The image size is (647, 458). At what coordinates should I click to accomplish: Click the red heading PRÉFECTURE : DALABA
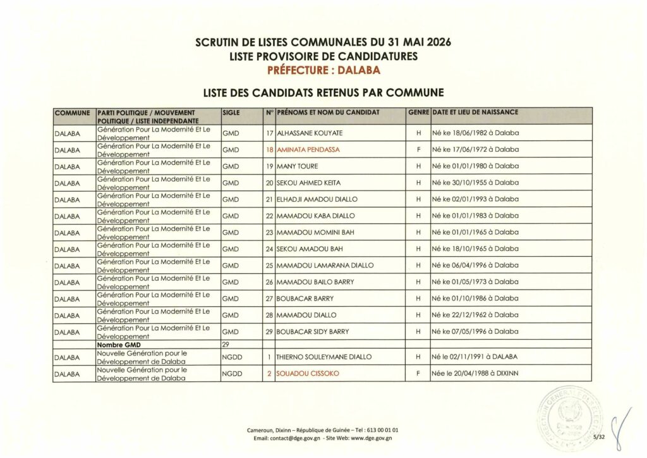323,70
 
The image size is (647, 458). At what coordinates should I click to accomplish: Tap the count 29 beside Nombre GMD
225,345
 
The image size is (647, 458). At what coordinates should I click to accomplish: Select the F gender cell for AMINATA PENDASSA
418,150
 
